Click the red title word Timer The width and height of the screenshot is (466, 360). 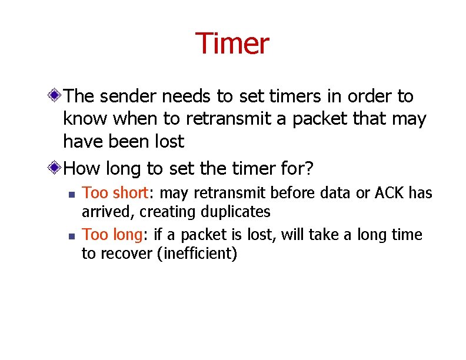(x=232, y=44)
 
